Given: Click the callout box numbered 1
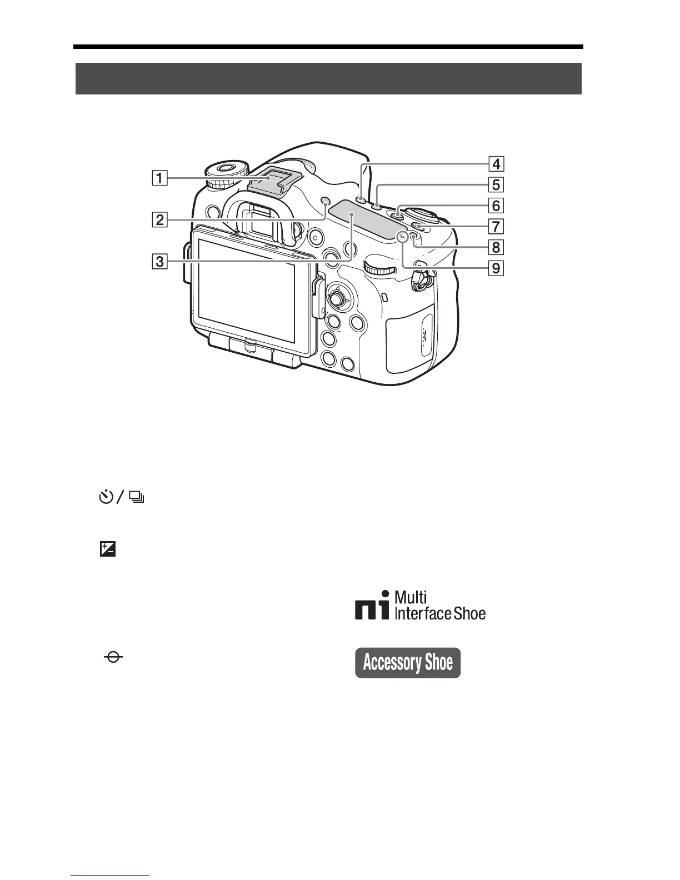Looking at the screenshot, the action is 159,178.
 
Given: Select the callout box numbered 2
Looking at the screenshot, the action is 159,220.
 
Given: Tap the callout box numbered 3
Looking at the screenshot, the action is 159,261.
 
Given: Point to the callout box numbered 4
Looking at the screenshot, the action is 496,164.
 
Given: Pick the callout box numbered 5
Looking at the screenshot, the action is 496,184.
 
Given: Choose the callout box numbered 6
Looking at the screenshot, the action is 496,206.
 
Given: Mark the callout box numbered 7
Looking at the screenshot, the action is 496,226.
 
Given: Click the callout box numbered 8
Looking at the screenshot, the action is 496,247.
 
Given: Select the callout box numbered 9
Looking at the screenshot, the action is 496,268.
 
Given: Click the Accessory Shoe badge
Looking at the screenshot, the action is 408,662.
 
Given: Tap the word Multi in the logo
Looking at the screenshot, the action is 411,598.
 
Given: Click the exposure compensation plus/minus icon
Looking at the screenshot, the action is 107,550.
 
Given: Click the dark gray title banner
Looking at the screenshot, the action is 328,79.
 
